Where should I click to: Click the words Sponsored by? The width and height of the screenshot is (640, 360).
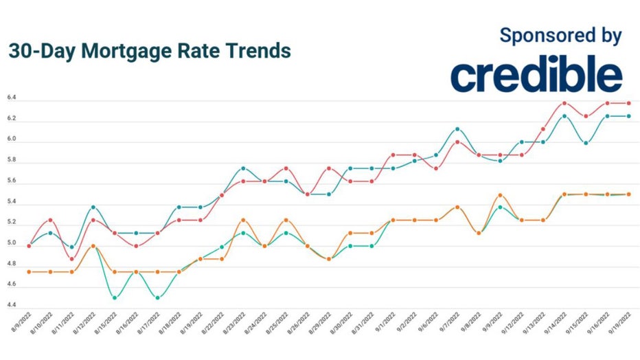[x=560, y=35]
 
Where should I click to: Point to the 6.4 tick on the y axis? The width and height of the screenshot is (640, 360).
[x=12, y=99]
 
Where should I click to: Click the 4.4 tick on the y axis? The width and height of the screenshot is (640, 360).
[x=12, y=305]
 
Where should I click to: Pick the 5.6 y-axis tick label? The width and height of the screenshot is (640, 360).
[x=12, y=183]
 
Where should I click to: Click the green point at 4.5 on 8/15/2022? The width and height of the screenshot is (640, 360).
[x=115, y=297]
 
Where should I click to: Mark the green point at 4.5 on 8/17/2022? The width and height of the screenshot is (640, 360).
[x=157, y=297]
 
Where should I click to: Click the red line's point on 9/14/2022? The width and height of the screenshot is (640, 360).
[x=564, y=103]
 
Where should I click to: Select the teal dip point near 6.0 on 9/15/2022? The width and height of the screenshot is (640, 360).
[x=586, y=143]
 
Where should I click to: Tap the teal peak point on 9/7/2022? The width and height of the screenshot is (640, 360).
[x=457, y=129]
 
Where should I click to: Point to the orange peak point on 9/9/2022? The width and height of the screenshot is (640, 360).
[x=500, y=195]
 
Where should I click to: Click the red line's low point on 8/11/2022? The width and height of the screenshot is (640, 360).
[x=72, y=259]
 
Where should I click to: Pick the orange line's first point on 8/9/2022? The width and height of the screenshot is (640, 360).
[x=29, y=272]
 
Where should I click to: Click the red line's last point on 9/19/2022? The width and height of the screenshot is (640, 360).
[x=628, y=103]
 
